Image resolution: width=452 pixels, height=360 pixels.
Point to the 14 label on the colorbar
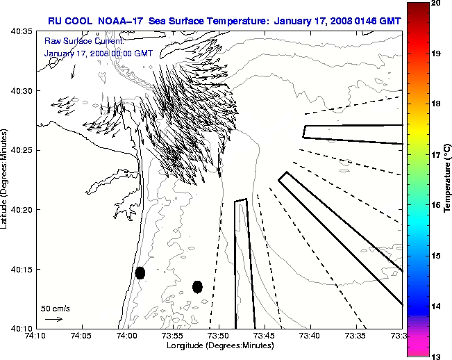435,306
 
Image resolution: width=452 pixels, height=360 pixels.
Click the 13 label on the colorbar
435,355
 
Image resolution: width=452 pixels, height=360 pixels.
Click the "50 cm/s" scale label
56,308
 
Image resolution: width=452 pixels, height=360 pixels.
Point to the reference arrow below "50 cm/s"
53,319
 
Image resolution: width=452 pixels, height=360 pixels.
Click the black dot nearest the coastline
140,272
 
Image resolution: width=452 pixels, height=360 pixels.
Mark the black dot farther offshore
197,286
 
